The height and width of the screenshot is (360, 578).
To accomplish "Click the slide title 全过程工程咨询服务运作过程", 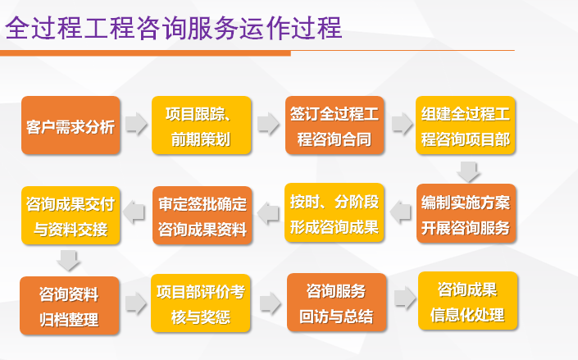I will click(x=173, y=28).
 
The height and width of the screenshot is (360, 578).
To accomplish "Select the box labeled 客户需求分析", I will click(x=71, y=125).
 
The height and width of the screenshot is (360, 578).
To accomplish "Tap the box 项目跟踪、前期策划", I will click(x=202, y=125).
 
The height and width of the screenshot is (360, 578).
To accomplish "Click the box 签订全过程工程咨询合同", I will click(x=335, y=125).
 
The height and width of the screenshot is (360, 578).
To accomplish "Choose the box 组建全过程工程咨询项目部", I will click(x=466, y=125).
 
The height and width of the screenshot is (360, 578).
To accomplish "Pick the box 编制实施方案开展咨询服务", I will click(x=466, y=213).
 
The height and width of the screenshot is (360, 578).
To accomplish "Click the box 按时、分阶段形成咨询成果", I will click(x=335, y=213).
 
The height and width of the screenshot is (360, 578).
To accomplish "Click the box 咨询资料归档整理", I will click(x=71, y=304).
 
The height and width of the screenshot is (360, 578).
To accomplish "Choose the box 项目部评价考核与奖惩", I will click(x=202, y=304).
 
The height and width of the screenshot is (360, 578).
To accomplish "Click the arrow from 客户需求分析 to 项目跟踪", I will click(x=136, y=125).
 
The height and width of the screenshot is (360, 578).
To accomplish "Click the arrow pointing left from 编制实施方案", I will click(x=401, y=212).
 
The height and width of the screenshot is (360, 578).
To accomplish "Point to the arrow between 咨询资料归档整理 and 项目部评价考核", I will click(x=136, y=303).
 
